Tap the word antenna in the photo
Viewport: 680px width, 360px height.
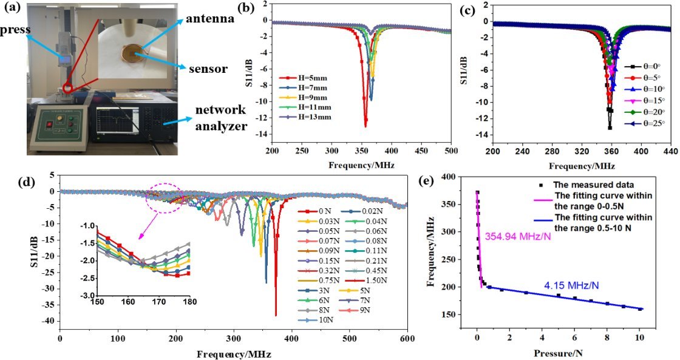pyautogui.click(x=210, y=19)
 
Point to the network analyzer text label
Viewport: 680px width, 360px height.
pyautogui.click(x=221, y=118)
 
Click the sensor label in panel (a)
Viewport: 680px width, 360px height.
pyautogui.click(x=208, y=69)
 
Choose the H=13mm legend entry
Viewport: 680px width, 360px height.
pyautogui.click(x=303, y=116)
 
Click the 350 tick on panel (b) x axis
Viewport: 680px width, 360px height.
pyautogui.click(x=362, y=151)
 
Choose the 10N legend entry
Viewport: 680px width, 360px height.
pyautogui.click(x=312, y=320)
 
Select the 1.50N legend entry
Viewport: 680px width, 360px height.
pyautogui.click(x=370, y=280)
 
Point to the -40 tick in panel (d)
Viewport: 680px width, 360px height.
pyautogui.click(x=49, y=321)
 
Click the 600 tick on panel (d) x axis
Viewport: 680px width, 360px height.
pyautogui.click(x=407, y=338)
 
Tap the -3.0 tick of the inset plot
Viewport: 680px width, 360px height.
pyautogui.click(x=87, y=296)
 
